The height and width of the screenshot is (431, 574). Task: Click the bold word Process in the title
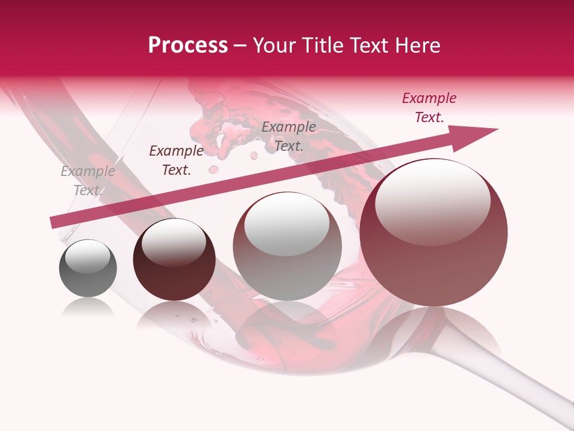[x=188, y=45]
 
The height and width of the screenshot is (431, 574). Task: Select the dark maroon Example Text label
[x=176, y=160]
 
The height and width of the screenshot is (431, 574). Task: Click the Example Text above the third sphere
[x=289, y=136]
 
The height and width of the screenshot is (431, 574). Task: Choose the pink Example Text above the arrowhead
[x=429, y=108]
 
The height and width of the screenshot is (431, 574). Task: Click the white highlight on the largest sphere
[x=432, y=201]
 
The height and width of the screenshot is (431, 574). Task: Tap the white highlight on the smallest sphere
[x=87, y=256]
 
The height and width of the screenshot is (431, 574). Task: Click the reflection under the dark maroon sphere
[x=173, y=314]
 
